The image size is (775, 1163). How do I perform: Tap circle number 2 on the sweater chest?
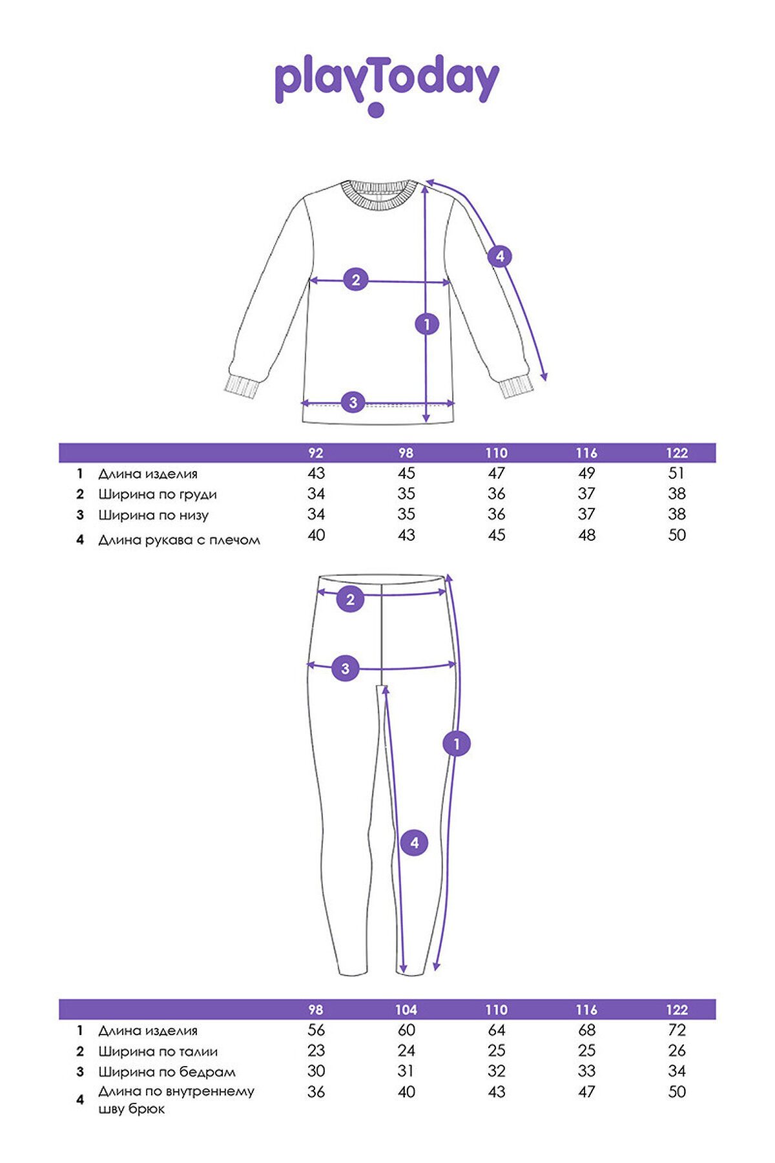356,280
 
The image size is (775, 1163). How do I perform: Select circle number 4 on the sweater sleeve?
500,257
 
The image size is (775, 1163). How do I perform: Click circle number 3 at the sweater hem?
353,403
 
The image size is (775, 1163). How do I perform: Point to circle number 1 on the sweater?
427,324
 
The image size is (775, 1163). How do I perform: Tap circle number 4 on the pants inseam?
415,843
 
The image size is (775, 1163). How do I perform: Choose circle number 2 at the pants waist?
351,600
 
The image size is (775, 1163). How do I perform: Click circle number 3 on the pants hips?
346,668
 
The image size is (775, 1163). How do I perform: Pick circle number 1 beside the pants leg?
457,744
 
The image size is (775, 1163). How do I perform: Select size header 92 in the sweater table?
316,453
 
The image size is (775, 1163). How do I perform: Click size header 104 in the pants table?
406,1010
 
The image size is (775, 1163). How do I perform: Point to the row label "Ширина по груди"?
158,495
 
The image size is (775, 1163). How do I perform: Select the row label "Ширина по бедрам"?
167,1072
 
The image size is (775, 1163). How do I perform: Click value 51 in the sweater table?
677,474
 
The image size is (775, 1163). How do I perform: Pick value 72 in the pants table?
677,1031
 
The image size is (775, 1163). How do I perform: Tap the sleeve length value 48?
586,536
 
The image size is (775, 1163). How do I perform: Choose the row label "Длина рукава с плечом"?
179,540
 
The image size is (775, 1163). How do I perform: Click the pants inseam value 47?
586,1093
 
